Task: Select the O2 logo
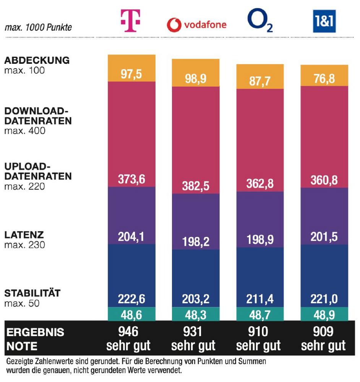260,21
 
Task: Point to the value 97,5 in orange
131,74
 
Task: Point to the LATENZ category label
24,235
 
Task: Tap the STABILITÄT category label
32,294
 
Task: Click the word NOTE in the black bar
22,346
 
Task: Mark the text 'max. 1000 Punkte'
38,28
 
